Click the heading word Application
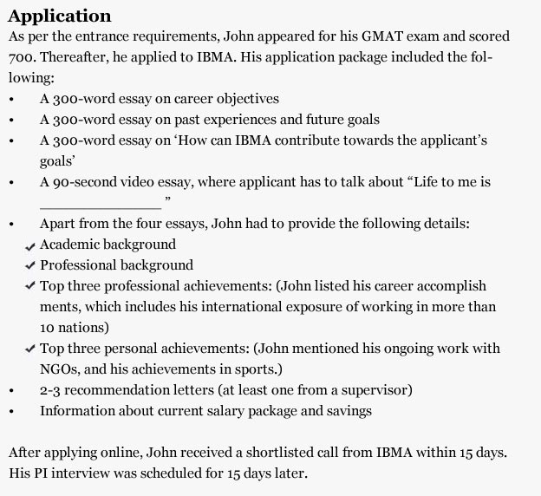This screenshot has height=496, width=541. pyautogui.click(x=59, y=16)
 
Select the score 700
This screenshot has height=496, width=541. pyautogui.click(x=24, y=58)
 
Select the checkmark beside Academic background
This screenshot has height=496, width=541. pyautogui.click(x=31, y=246)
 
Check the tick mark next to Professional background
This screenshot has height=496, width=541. pyautogui.click(x=31, y=266)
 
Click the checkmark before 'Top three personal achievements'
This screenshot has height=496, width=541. pyautogui.click(x=31, y=349)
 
